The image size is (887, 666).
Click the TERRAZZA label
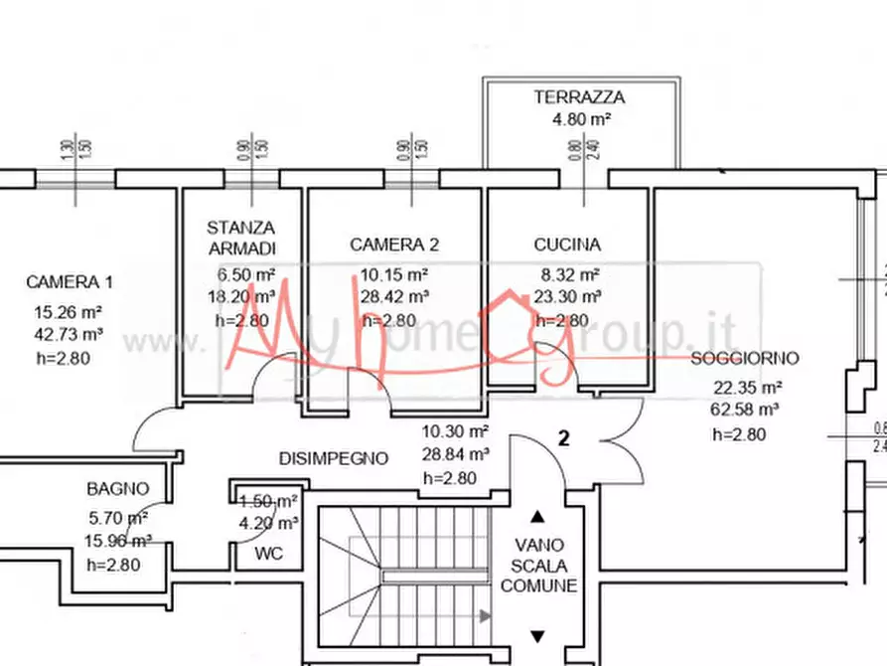[x=579, y=97]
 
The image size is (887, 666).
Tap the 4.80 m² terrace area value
[x=580, y=119]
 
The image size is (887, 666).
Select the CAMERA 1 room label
[x=70, y=282]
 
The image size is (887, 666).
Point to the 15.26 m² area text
[x=69, y=310]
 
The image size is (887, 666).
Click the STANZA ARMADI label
[x=241, y=239]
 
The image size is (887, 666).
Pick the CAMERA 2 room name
[x=394, y=245]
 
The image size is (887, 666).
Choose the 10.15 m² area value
[x=394, y=274]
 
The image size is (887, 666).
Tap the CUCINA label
[x=566, y=245]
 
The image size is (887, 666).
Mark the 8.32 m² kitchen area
[x=567, y=274]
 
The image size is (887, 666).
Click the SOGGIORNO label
[x=745, y=358]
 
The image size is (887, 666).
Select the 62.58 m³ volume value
[x=745, y=409]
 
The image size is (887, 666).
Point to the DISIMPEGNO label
[x=333, y=458]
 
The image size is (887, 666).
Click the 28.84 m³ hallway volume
[x=455, y=454]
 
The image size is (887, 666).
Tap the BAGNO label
[x=117, y=489]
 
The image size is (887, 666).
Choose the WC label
[x=269, y=554]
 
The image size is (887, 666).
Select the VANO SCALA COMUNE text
[x=538, y=566]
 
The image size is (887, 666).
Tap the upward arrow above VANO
[x=537, y=516]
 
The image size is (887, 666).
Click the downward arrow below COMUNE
[x=537, y=636]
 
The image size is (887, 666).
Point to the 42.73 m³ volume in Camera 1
[x=69, y=334]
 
